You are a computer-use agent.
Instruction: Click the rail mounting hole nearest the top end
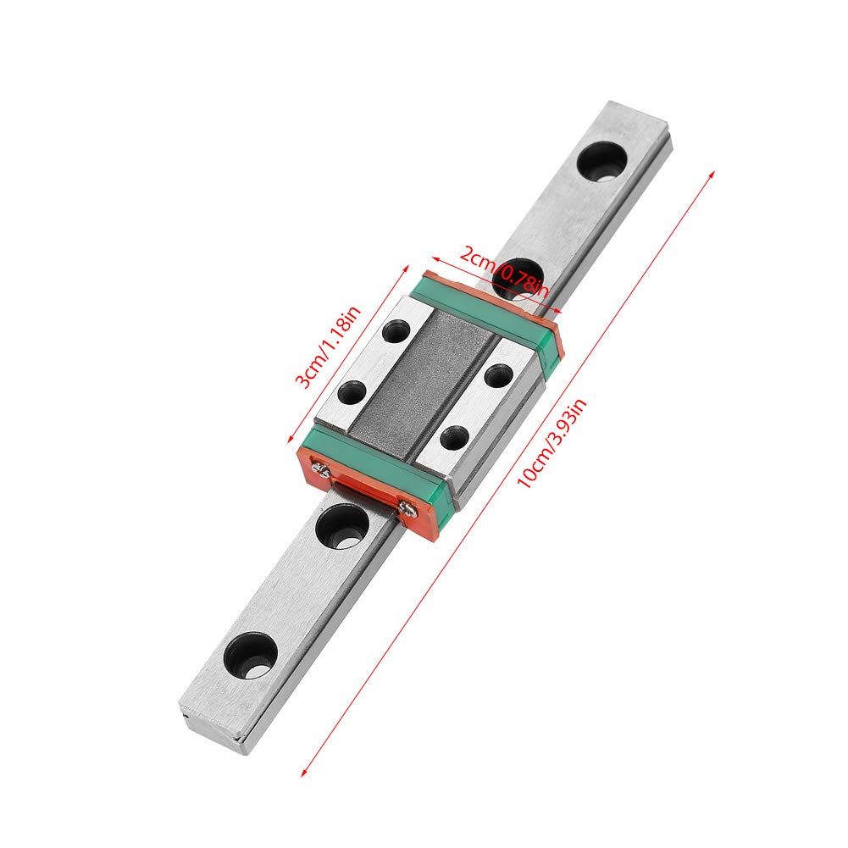(602, 160)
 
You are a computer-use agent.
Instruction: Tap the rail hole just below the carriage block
(341, 526)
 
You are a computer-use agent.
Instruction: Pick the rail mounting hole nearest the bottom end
(251, 655)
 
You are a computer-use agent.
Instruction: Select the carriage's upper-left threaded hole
(394, 330)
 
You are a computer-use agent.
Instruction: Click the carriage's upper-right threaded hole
(498, 375)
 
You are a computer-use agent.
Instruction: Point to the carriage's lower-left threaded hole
(352, 392)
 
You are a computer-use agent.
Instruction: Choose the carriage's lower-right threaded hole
(455, 437)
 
